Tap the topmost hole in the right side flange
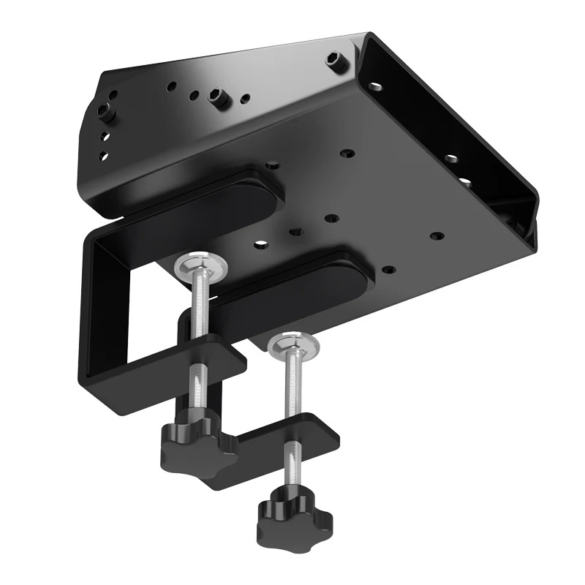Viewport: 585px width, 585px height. pyautogui.click(x=377, y=86)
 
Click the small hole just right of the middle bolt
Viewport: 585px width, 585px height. pyautogui.click(x=245, y=97)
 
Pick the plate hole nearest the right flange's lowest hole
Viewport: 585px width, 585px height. pyautogui.click(x=437, y=236)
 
